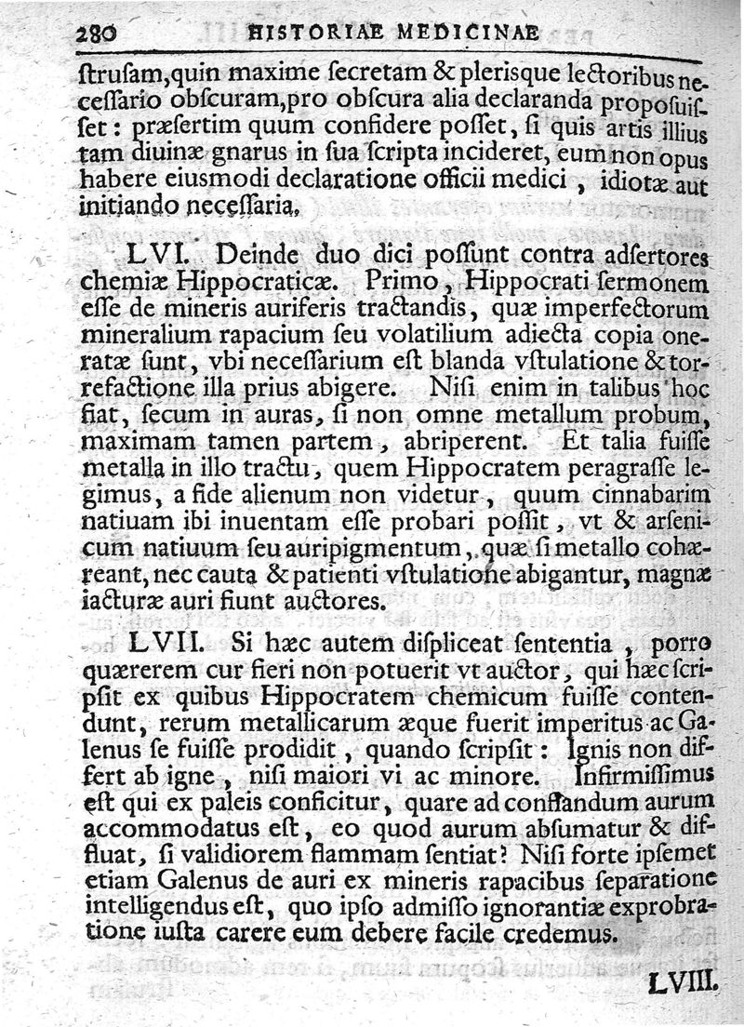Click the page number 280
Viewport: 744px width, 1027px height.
[96, 33]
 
